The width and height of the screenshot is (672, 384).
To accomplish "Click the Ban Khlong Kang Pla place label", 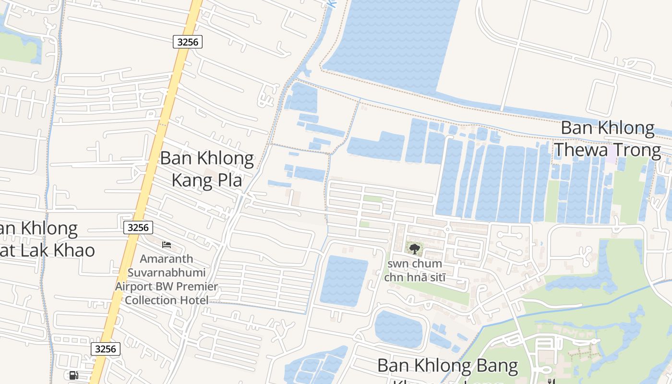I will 207,169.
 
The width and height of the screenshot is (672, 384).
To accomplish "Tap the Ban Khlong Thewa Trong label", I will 608,139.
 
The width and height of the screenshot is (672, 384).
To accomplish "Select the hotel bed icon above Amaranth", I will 167,245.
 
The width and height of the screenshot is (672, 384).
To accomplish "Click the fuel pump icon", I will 73,375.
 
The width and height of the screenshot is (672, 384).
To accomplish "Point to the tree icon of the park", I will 414,249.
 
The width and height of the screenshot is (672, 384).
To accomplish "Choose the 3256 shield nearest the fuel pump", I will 106,349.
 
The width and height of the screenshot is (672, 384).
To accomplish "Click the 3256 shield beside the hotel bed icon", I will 138,228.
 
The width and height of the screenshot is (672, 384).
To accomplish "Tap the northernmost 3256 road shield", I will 188,42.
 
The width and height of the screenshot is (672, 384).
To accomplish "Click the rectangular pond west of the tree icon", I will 343,281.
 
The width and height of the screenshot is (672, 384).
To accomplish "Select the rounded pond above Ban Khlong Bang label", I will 398,329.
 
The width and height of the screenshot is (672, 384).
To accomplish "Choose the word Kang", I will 191,181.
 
